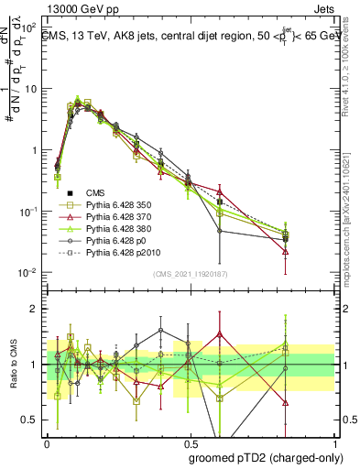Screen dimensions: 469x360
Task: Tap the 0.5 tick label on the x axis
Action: [x=190, y=442]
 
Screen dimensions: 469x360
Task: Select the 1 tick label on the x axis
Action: [x=333, y=442]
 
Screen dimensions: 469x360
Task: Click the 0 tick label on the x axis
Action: [x=47, y=442]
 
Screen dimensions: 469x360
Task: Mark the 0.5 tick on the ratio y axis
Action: [x=30, y=420]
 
